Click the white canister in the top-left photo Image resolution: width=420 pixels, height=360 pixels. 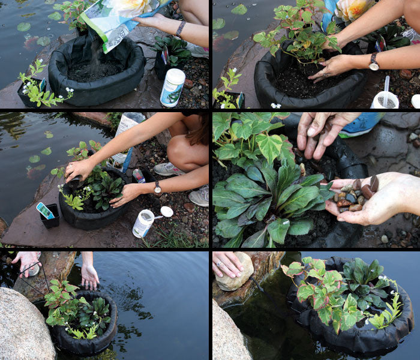point(173,87)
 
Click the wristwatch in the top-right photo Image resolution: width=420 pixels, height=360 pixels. point(374,61)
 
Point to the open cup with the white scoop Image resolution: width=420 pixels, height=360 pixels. point(385,99)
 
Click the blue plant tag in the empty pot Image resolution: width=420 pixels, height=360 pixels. point(45,211)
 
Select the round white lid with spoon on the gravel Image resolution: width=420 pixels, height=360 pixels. point(166,211)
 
